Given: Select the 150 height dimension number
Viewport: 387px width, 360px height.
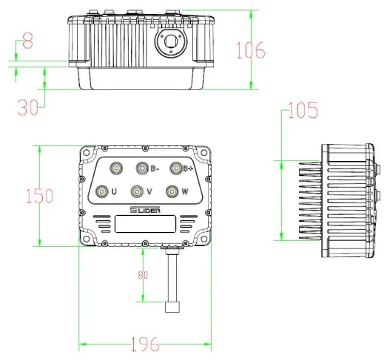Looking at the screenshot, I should [x=38, y=196].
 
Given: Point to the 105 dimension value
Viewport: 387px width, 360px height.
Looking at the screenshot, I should [x=303, y=111].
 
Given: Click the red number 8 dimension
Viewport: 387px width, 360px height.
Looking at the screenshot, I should [x=27, y=42].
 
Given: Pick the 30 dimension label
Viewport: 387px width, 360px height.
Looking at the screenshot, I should [x=27, y=107].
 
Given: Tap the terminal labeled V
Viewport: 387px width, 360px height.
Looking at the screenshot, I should [x=136, y=191].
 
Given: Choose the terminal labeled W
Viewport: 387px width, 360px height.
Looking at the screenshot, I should [x=172, y=191].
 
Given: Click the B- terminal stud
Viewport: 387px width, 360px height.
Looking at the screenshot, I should [x=141, y=168].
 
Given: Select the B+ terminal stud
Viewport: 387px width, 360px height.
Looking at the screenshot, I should [x=176, y=168].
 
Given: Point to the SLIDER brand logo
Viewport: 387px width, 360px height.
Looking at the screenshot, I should [x=144, y=211].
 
